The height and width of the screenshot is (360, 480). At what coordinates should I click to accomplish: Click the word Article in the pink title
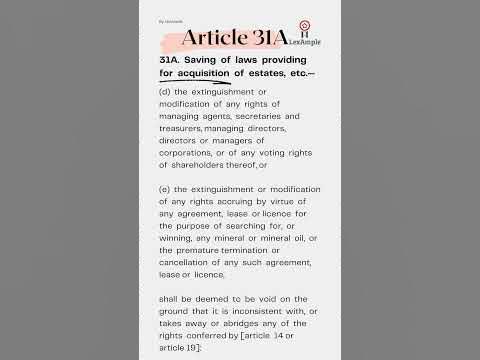click(x=209, y=38)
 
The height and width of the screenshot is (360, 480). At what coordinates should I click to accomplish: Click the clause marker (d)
click(x=165, y=92)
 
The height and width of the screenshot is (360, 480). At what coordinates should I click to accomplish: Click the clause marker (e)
click(x=165, y=188)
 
